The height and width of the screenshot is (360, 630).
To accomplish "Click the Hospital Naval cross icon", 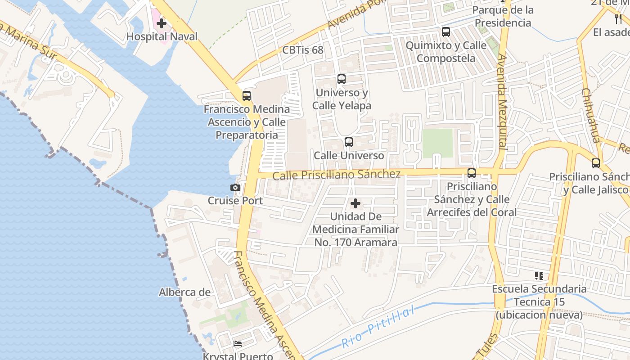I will point(162,23).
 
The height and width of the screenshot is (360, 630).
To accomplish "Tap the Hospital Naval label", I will point(162,36).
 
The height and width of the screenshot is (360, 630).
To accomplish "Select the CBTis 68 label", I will point(303,50).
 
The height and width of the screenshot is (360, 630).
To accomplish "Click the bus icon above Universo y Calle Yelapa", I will point(342,79).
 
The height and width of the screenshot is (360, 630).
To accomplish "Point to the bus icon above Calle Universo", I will point(349,142).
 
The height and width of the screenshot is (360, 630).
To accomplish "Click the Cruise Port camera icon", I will point(235,187).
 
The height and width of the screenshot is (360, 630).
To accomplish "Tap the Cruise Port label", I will point(235,200).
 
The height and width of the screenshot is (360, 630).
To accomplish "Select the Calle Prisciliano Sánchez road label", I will point(336,175).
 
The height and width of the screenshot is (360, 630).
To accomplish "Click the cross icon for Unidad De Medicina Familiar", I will point(355,203).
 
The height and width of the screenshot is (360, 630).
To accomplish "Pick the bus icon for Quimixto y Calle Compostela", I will point(446,32).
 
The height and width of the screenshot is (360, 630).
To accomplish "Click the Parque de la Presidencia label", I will point(504,16).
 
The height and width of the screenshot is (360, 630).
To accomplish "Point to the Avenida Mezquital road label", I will point(502,102).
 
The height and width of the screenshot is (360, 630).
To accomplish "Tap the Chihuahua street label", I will point(590,115).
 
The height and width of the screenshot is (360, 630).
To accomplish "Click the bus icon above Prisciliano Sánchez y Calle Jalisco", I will point(596,163).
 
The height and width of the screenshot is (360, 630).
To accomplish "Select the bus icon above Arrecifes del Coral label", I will point(472,173).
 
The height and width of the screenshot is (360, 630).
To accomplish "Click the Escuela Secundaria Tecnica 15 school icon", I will point(539,275).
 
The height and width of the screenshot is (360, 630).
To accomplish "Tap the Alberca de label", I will point(184,292).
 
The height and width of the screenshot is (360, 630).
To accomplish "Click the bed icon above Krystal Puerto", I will point(238,344).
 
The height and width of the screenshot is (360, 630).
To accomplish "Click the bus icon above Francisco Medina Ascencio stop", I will point(247,95).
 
